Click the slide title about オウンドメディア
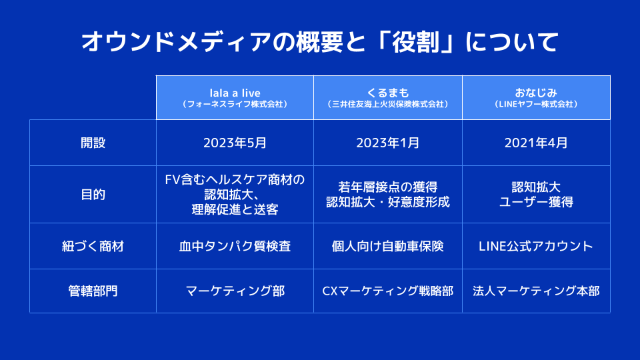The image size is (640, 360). (x=320, y=42)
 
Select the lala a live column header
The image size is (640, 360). (x=235, y=97)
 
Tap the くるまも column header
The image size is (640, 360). (x=388, y=97)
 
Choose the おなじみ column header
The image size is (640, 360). (x=536, y=97)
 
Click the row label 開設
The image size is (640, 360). (x=93, y=143)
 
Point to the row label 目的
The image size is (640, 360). (x=93, y=194)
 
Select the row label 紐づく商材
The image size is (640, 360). (x=93, y=246)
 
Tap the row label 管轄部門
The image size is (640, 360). (x=93, y=291)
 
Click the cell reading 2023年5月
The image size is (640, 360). (x=235, y=143)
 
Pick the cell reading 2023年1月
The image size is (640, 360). (x=388, y=143)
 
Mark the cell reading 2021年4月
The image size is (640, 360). (x=536, y=143)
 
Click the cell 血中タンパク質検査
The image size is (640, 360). (x=235, y=246)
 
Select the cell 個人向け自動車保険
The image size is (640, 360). (x=388, y=246)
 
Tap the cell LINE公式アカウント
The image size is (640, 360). (x=536, y=246)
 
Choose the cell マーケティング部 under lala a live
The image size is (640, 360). (x=235, y=291)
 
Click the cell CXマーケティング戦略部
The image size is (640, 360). (x=388, y=291)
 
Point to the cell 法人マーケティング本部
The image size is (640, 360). (x=536, y=291)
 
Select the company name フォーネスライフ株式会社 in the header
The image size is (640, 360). (x=235, y=105)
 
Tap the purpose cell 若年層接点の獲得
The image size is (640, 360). (x=388, y=187)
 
